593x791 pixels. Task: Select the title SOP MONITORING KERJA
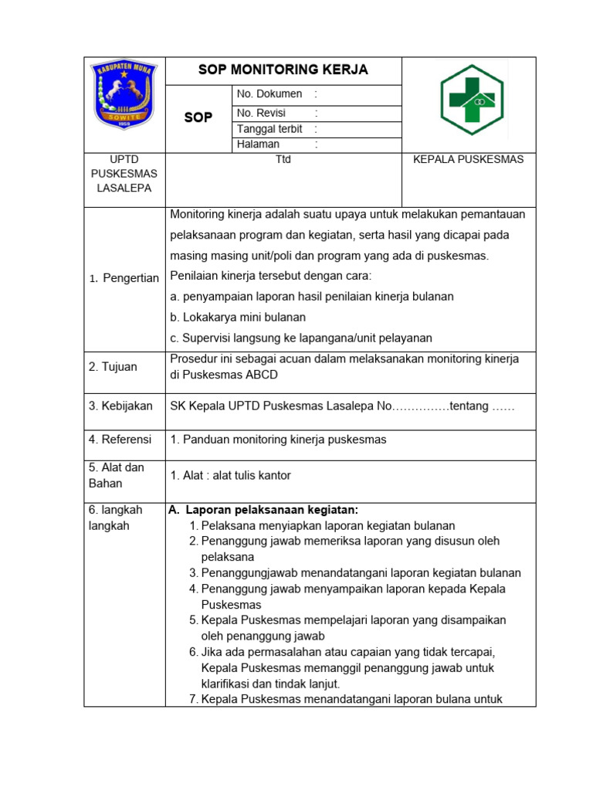coord(283,70)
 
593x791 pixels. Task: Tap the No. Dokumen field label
coord(269,93)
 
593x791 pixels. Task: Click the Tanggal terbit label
coord(269,129)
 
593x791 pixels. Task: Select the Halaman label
coord(259,144)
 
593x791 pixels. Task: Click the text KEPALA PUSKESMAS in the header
coord(469,160)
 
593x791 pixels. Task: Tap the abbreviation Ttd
coord(283,160)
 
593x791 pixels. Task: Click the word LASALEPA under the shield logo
coord(124,188)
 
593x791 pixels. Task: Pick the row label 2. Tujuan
coord(113,367)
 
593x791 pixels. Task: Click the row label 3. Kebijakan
coord(120,406)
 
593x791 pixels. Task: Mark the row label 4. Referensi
coord(120,440)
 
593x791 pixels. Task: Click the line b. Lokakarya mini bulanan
coord(238,317)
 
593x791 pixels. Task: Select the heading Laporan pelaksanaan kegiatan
coord(271,510)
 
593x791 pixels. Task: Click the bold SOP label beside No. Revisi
coord(198,118)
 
